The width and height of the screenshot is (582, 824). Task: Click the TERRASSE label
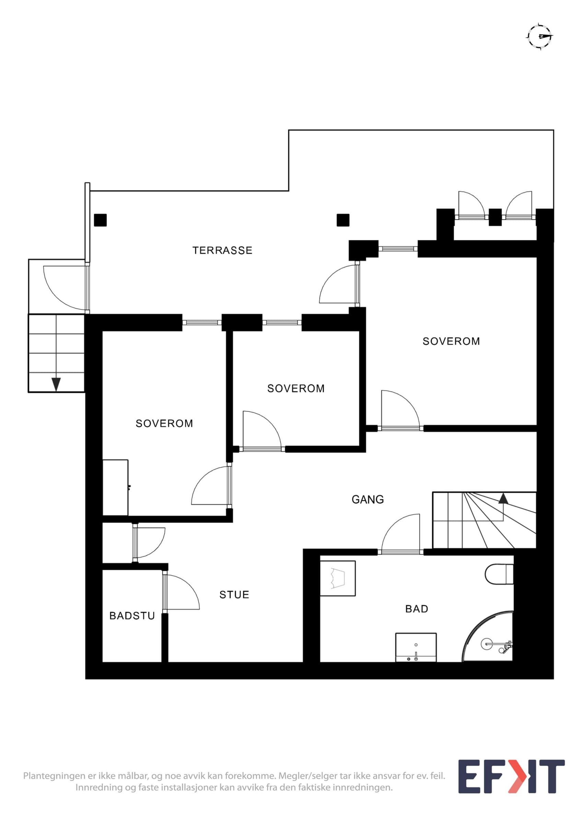pos(222,250)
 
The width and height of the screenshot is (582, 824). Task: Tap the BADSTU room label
pos(132,616)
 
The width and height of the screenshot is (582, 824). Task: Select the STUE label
pos(234,595)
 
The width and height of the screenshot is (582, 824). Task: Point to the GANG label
pos(368,499)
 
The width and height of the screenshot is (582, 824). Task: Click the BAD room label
pos(417,609)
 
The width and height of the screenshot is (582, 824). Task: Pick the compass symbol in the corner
pos(540,36)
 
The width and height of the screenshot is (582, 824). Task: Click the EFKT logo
pos(512,776)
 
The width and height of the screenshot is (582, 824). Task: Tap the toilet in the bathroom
pos(499,573)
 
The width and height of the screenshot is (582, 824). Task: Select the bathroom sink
pos(416,647)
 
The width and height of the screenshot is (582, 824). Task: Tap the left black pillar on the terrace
pos(101,220)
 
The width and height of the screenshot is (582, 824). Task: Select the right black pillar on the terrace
pos(343,220)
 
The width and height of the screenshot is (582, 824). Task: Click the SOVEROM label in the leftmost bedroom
pos(164,423)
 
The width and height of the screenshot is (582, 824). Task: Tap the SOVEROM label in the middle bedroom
pos(296,388)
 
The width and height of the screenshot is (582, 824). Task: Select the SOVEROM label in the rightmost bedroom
pos(451,341)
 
